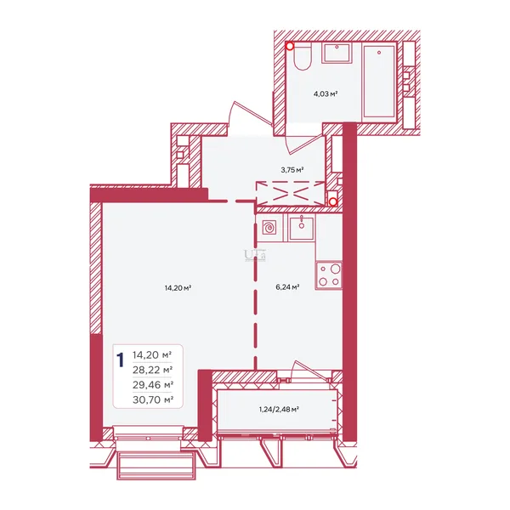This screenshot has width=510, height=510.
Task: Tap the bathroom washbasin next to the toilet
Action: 337,53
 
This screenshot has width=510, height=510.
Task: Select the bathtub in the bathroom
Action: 379,82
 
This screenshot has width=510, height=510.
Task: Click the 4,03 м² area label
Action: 325,94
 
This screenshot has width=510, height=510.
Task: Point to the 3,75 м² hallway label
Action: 292,170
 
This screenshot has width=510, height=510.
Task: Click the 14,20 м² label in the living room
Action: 178,288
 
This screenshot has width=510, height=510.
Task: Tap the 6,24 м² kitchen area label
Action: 287,287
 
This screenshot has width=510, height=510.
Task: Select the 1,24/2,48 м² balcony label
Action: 279,410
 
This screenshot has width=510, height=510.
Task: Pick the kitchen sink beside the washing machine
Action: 302,227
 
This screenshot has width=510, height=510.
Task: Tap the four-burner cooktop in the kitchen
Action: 328,275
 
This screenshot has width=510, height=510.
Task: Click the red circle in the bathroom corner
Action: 290,47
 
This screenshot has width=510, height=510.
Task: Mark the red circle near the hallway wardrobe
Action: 332,202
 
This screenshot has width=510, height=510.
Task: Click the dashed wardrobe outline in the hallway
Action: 291,194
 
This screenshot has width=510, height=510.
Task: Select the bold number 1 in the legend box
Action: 121,360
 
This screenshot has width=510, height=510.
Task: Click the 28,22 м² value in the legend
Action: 152,370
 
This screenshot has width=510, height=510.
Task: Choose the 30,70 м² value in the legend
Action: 152,399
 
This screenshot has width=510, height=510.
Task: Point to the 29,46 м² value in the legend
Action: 152,385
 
